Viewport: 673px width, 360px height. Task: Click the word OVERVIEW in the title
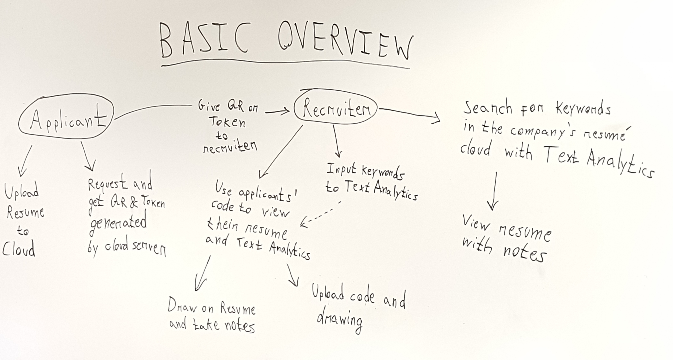click(345, 42)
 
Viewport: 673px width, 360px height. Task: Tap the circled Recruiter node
click(336, 108)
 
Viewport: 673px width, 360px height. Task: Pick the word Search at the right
click(487, 108)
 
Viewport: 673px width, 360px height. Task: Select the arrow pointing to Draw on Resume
click(202, 274)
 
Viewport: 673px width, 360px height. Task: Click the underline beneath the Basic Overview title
click(285, 64)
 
